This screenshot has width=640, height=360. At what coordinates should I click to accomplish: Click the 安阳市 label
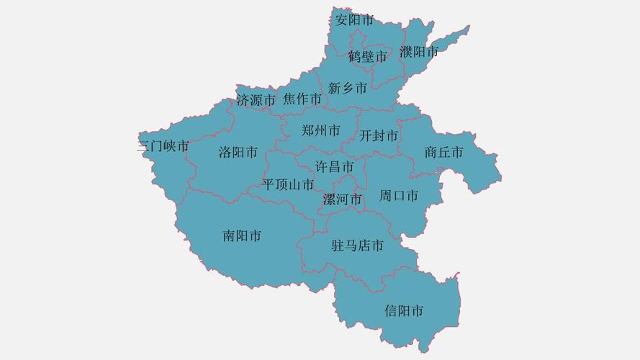tap(354, 20)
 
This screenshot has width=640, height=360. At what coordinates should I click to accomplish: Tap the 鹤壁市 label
tap(367, 56)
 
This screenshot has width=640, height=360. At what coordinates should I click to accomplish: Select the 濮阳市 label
tap(419, 52)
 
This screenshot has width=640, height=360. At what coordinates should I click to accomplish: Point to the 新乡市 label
tap(347, 89)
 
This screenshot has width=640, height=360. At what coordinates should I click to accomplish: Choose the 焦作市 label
tap(302, 99)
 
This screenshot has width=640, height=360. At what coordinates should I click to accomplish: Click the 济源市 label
tap(256, 101)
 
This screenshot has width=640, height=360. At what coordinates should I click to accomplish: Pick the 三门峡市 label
tap(163, 147)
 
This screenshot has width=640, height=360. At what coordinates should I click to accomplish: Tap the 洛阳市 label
tap(238, 153)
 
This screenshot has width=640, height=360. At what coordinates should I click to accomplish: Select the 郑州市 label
tap(321, 131)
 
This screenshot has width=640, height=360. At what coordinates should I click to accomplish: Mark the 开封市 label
tap(379, 135)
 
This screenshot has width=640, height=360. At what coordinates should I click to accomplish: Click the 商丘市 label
tap(443, 153)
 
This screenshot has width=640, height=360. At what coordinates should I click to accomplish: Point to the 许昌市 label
tap(335, 167)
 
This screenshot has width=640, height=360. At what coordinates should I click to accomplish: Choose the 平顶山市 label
tap(289, 185)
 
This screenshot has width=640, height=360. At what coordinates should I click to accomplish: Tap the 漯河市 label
tap(342, 199)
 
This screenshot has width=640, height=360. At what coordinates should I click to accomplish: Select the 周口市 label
tap(399, 195)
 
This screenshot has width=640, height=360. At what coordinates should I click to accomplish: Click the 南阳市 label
tap(242, 235)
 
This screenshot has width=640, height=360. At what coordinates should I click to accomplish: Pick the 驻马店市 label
tap(357, 246)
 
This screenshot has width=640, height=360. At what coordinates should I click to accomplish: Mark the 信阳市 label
tap(404, 311)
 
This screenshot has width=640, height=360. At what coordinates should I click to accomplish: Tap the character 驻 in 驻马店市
tap(338, 246)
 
